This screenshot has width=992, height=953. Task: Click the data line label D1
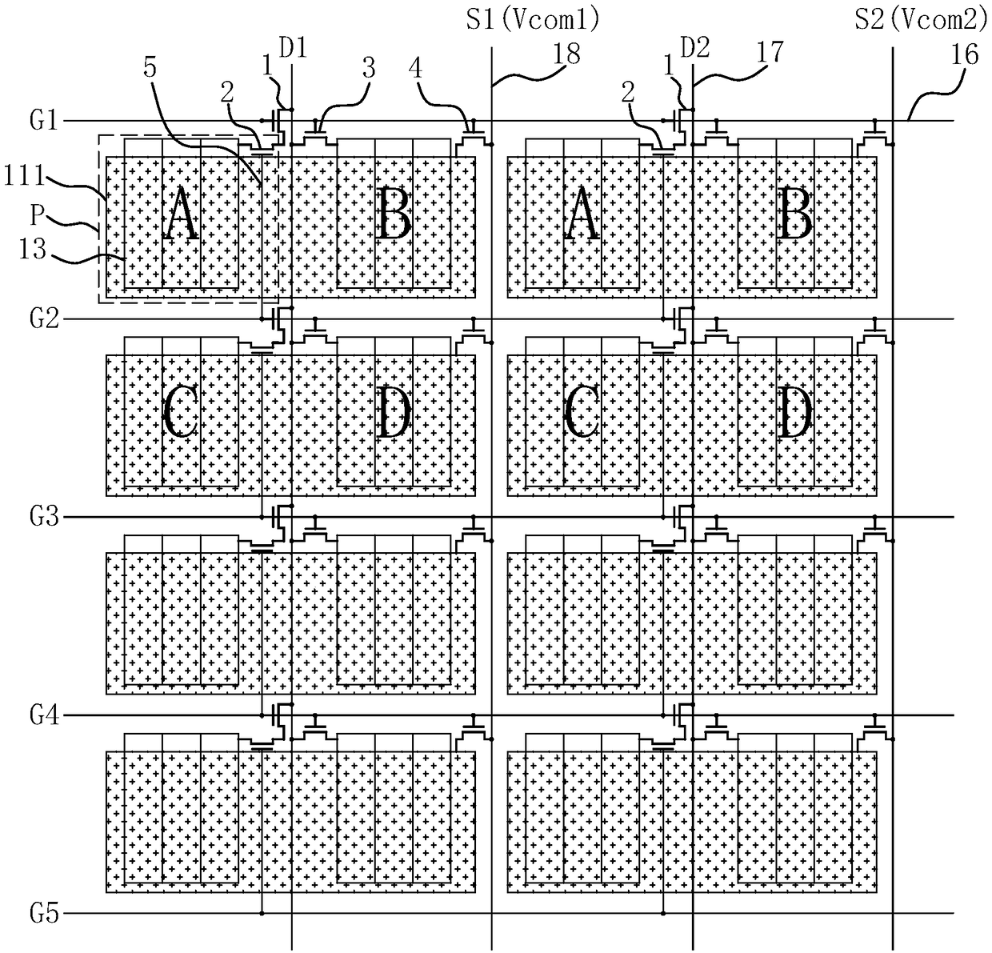click(293, 48)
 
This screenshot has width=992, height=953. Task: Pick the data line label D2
click(694, 48)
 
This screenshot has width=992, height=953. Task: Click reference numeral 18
click(566, 53)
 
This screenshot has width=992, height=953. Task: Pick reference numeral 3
click(368, 68)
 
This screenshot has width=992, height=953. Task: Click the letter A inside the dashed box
click(181, 218)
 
